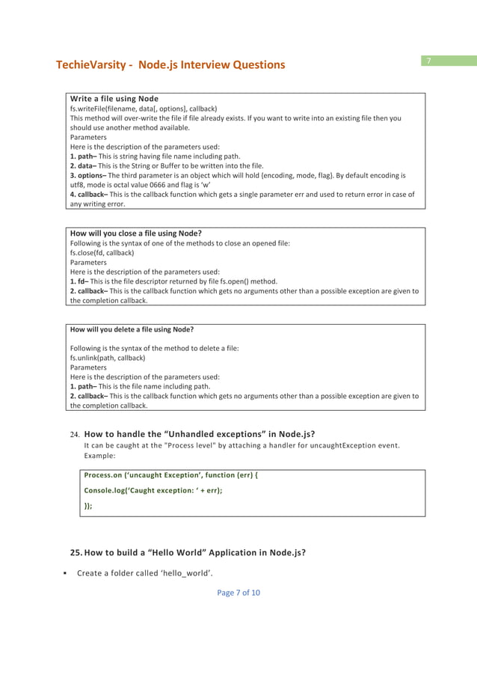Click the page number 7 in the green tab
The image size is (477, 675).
429,61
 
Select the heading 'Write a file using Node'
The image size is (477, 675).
114,99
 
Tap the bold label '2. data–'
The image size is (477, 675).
84,165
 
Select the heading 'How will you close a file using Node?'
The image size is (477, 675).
135,233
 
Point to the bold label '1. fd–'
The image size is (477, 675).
79,281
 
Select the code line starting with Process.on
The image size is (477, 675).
170,475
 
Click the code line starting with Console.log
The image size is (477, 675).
153,490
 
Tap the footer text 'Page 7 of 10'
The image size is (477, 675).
238,593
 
